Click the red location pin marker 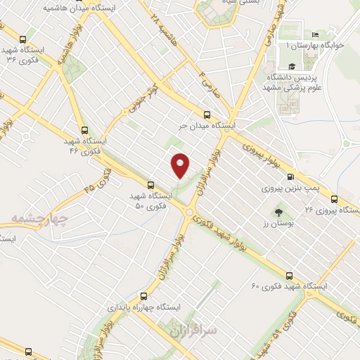coord(181,165)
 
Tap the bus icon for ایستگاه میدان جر coord(206,114)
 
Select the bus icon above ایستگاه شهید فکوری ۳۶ coord(25,39)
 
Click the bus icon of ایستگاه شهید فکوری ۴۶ coord(84,130)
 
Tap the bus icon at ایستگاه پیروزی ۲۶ coord(334,198)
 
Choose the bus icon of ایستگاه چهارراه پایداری coord(143,296)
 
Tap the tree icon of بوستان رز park coord(278,212)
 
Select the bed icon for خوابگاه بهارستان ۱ coord(315,34)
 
